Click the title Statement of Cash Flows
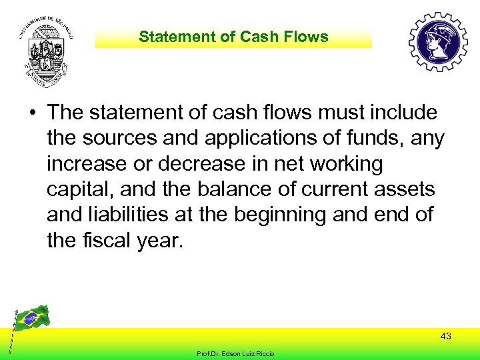(233, 37)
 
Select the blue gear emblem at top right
(438, 43)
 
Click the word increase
(86, 164)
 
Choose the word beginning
(301, 215)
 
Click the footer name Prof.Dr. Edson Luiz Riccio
(236, 353)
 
